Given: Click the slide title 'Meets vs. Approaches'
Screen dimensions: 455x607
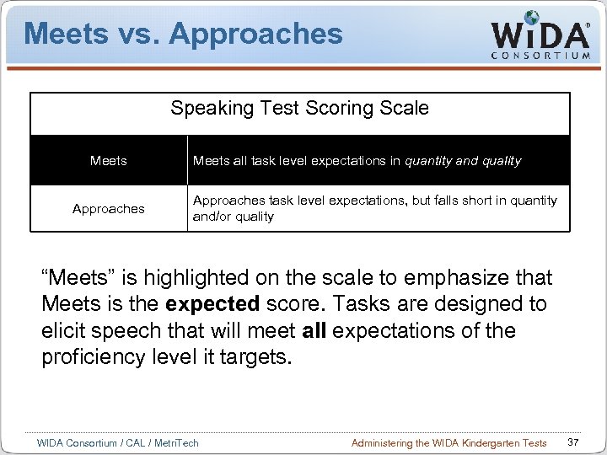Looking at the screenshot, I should [x=183, y=34].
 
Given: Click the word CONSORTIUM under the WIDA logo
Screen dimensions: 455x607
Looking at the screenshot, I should [x=540, y=56].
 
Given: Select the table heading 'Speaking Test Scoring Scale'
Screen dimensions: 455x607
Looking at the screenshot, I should [x=299, y=109].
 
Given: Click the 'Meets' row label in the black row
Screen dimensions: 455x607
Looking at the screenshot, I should [x=109, y=161].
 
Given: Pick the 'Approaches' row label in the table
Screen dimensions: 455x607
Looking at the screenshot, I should [x=109, y=209].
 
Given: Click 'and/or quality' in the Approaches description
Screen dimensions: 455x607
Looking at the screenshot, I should [x=234, y=217].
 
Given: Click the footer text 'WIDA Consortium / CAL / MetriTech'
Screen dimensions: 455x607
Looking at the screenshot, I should [x=118, y=443].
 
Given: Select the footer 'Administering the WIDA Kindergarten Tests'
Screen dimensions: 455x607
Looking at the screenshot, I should [x=449, y=443].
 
